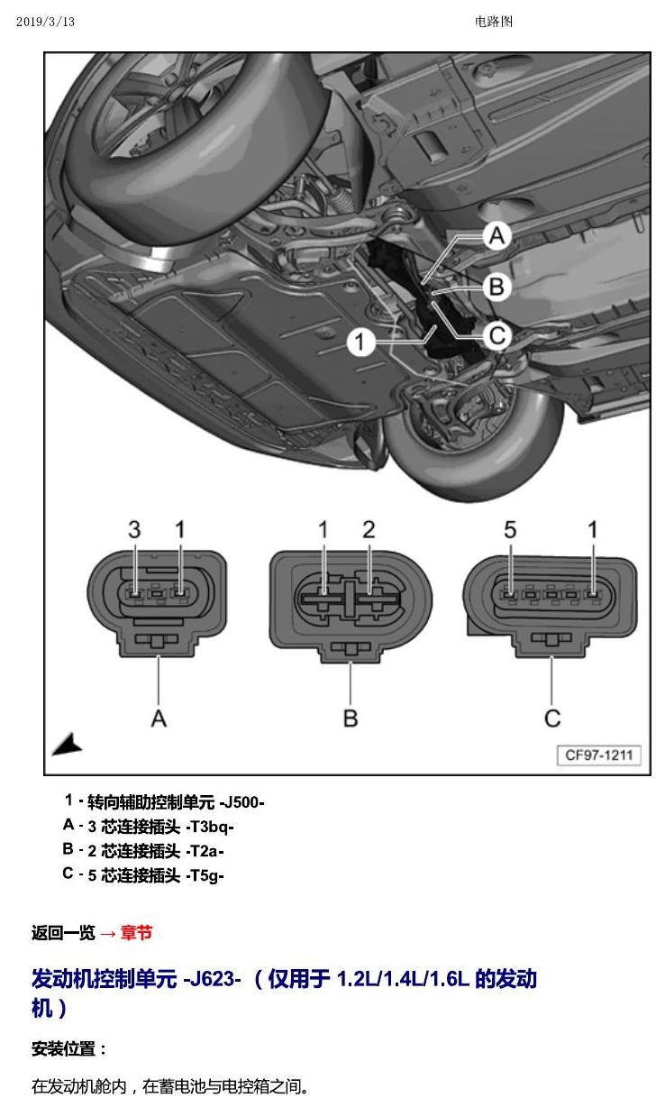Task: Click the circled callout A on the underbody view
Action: [496, 235]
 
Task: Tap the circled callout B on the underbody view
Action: [496, 287]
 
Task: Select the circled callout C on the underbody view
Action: [496, 336]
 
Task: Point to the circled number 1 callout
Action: [360, 342]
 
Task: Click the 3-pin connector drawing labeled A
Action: [157, 603]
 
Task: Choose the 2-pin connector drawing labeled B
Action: [351, 606]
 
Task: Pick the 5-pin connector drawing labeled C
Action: [551, 606]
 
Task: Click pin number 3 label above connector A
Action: [134, 530]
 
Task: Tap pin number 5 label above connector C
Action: [510, 530]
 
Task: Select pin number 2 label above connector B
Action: [369, 530]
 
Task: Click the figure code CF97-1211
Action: [599, 755]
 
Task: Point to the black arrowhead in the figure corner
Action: [68, 745]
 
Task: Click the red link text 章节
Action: [136, 932]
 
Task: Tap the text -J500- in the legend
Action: [241, 802]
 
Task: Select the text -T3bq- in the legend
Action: [210, 827]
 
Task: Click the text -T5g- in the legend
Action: [205, 875]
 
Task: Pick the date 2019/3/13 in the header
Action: [45, 22]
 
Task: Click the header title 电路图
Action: [494, 22]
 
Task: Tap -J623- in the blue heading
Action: [212, 978]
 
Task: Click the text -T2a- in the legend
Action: [205, 851]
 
